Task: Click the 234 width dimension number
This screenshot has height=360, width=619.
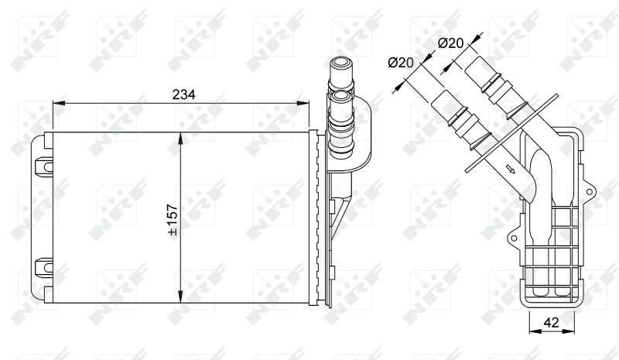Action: [183, 94]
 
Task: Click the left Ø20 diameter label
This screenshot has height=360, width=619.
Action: [400, 63]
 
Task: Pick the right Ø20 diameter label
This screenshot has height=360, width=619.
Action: [450, 44]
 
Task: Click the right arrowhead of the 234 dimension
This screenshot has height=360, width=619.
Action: [304, 103]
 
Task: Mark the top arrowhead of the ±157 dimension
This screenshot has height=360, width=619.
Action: [180, 137]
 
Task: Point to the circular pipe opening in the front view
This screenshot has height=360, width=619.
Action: [341, 97]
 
